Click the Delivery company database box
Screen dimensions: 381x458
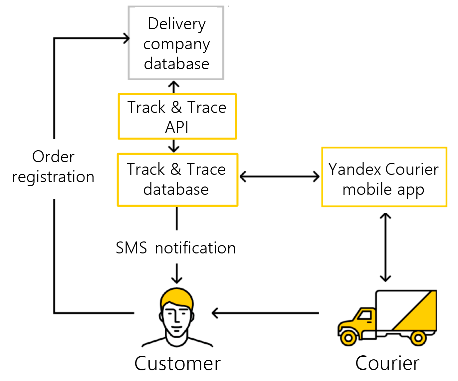point(176,43)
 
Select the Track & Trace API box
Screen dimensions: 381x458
point(177,117)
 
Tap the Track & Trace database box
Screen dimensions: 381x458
point(177,180)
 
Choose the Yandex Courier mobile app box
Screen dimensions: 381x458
point(384,177)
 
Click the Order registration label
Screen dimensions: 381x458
point(53,167)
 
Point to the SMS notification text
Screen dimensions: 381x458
point(176,248)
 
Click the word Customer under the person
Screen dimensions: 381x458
point(177,363)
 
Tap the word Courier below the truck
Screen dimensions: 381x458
point(387,363)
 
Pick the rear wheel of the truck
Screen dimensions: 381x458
point(418,338)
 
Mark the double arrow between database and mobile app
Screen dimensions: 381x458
point(279,177)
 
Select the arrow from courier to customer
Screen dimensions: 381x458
point(265,313)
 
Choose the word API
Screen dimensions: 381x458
point(177,127)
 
